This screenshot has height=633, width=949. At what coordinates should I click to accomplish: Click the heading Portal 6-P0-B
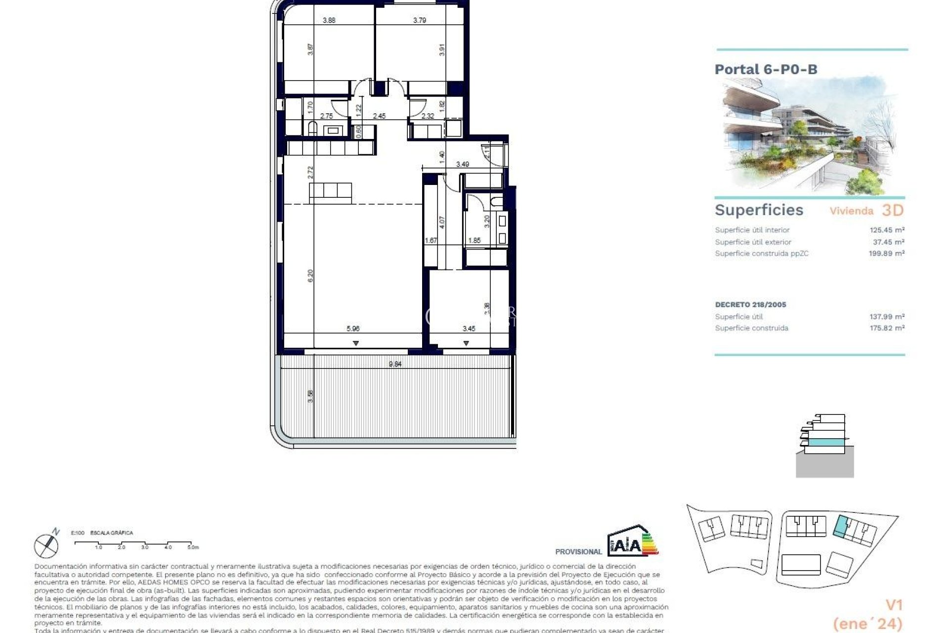[x=766, y=69]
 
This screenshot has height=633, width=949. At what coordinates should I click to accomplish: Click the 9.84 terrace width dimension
[x=395, y=364]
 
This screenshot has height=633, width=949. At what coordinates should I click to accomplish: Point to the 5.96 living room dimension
[x=353, y=328]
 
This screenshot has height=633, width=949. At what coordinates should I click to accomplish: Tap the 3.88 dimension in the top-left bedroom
[x=329, y=20]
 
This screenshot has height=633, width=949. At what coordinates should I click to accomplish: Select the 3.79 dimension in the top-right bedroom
[x=420, y=20]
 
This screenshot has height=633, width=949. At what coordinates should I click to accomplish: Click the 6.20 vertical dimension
[x=310, y=275]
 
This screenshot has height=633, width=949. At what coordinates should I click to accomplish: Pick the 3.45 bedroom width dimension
[x=469, y=328]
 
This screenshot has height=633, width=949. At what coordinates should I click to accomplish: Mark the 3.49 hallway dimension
[x=463, y=164]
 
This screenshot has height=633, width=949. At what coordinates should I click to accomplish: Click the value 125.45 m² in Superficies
[x=887, y=230]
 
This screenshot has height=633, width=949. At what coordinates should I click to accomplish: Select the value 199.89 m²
[x=887, y=253]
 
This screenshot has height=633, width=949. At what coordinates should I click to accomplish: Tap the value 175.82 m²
[x=887, y=328]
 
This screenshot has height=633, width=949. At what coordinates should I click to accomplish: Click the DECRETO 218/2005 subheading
[x=750, y=305]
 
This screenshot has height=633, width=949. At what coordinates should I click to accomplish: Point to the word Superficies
[x=759, y=210]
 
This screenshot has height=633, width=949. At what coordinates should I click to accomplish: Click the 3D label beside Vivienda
[x=893, y=210]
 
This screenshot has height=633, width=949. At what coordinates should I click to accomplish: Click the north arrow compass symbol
[x=46, y=545]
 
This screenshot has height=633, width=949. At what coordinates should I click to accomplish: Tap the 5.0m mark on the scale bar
[x=192, y=547]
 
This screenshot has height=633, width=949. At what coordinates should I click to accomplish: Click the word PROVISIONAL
[x=578, y=551]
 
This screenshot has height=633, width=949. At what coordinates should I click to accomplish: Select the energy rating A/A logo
[x=633, y=543]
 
